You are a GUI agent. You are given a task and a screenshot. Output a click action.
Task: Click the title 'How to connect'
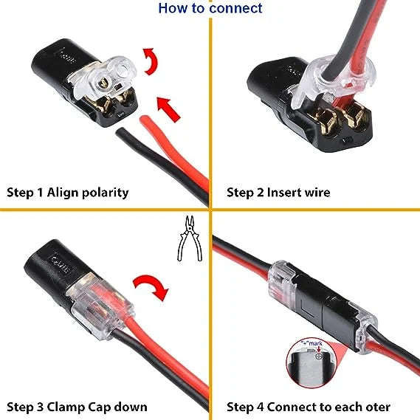210,9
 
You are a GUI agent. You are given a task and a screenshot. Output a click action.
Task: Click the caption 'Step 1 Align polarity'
68,193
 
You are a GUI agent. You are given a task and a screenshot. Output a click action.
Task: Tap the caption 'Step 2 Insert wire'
278,193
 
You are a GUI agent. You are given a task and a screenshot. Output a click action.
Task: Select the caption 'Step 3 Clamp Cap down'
77,407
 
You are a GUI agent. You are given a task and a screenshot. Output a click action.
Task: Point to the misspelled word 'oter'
377,407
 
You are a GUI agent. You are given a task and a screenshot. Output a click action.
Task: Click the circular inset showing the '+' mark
310,368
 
